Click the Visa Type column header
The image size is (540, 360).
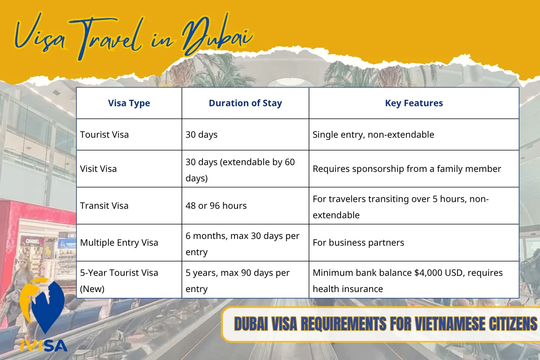[x=129, y=103]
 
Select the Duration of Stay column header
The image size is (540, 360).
[x=245, y=103]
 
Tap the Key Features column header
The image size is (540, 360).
[x=414, y=103]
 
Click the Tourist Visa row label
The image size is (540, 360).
[x=104, y=135]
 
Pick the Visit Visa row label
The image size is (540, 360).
[x=98, y=169]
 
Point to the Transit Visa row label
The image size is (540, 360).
[x=104, y=206]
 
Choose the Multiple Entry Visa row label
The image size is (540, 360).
[x=119, y=243]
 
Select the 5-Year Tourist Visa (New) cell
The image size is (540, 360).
[x=119, y=280]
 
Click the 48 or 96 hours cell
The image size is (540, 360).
[x=216, y=206]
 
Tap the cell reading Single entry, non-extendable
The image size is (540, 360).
[x=373, y=135]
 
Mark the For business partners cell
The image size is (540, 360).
[x=358, y=243]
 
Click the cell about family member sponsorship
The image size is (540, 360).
[x=406, y=169]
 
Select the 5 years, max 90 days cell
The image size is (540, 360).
[x=237, y=280]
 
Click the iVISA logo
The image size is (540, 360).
[x=44, y=315]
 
